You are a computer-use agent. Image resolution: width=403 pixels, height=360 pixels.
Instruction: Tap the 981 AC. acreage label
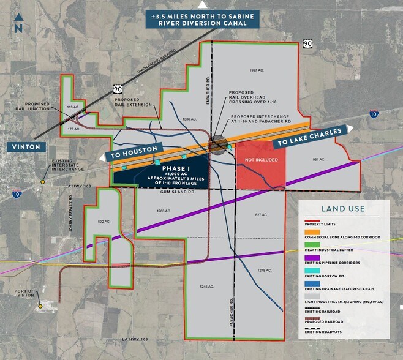pos(317,159)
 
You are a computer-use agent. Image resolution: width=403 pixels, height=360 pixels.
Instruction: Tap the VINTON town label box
pos(24,147)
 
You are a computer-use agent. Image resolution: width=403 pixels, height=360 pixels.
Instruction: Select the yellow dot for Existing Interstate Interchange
pos(43,182)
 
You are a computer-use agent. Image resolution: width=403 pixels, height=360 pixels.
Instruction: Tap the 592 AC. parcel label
pos(104,222)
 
